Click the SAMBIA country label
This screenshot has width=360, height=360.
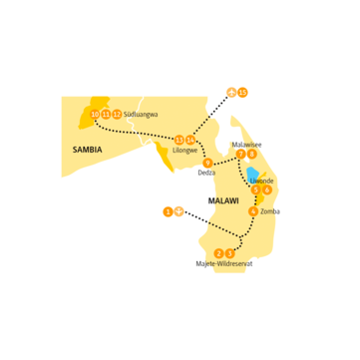pyautogui.click(x=88, y=149)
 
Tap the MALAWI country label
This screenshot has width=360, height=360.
pyautogui.click(x=223, y=200)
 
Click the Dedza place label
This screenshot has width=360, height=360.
pyautogui.click(x=206, y=173)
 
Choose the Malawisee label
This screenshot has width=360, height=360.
pyautogui.click(x=246, y=144)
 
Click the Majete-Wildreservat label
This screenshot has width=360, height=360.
pyautogui.click(x=224, y=263)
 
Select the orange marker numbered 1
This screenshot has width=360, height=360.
pyautogui.click(x=168, y=210)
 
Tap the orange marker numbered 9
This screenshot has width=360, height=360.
pyautogui.click(x=207, y=163)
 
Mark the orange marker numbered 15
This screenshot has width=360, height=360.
pyautogui.click(x=242, y=92)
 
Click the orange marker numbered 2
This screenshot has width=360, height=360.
pyautogui.click(x=218, y=253)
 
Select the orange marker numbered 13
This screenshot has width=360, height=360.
pyautogui.click(x=180, y=140)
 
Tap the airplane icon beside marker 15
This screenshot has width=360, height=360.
pyautogui.click(x=231, y=92)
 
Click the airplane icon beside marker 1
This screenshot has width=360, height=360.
pyautogui.click(x=179, y=210)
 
